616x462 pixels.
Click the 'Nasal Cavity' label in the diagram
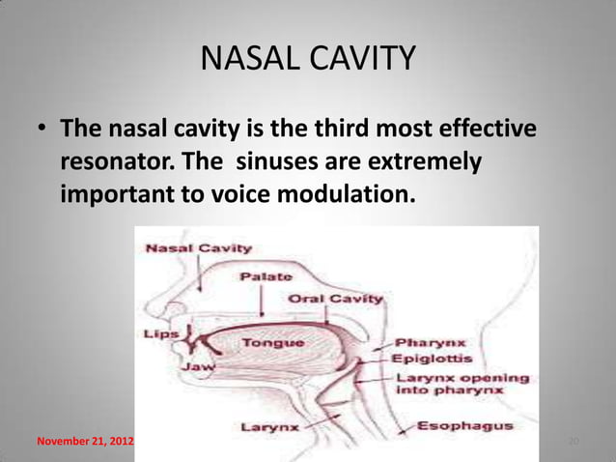[x=198, y=248]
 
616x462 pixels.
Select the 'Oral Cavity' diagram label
[x=335, y=299]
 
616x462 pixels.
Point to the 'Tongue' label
[x=273, y=342]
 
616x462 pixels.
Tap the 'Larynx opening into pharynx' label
[x=462, y=386]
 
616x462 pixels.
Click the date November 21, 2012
[x=82, y=443]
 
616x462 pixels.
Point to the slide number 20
[x=573, y=443]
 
